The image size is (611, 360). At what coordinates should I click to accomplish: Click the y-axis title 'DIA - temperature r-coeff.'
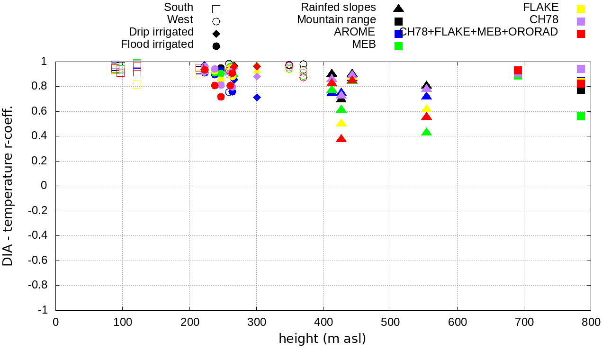coord(8,186)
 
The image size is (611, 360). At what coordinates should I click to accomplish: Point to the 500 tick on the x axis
coord(390,310)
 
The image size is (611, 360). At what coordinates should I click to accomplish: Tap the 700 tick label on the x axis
coord(524,322)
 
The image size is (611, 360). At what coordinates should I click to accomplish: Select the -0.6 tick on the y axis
coord(56,261)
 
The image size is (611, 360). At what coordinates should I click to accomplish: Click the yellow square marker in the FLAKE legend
coord(581,9)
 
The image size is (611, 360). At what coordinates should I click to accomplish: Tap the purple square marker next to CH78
coord(581,21)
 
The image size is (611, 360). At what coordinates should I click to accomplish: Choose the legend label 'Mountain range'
coord(336,20)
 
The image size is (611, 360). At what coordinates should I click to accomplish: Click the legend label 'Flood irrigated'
coord(157,45)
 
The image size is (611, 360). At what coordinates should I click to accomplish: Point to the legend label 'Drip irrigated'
coord(161,32)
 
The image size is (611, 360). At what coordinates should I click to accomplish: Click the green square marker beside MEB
coord(398,46)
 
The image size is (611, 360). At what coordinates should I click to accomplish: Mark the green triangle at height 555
coord(427,132)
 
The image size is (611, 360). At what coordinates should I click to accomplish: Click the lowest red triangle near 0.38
coord(341,139)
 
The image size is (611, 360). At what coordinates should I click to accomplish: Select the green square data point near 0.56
coord(581,116)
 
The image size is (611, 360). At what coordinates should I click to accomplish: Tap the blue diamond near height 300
coord(257,97)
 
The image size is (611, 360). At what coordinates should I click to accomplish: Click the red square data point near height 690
coord(518,70)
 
